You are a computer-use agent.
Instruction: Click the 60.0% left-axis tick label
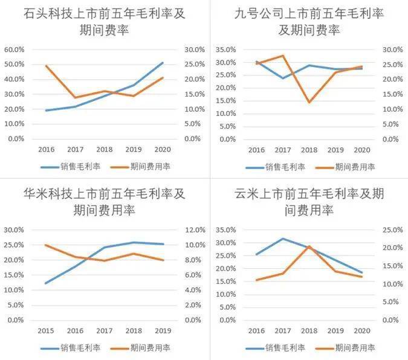point(14,50)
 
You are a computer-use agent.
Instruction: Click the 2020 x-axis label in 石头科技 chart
point(162,149)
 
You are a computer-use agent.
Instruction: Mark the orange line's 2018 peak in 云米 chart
point(309,246)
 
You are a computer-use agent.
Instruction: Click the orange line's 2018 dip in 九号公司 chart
point(309,102)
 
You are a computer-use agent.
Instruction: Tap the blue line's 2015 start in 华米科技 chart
point(46,283)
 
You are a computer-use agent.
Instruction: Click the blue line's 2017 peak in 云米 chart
point(283,239)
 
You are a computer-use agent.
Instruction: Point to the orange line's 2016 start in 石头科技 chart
point(46,65)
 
